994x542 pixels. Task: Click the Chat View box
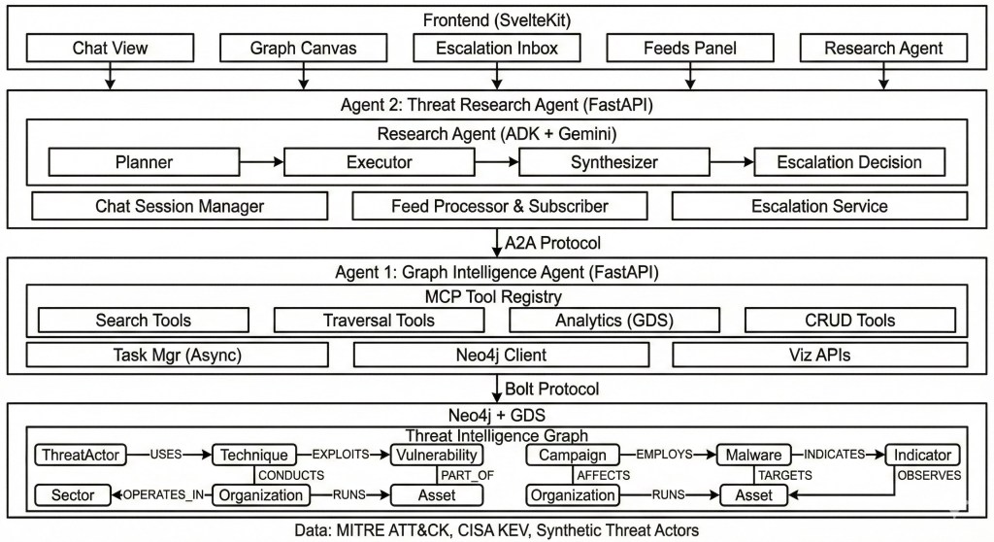[109, 48]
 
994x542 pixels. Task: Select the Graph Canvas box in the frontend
[303, 48]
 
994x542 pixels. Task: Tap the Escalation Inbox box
[497, 48]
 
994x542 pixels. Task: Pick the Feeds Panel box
[690, 48]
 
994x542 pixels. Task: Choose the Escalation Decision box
[848, 162]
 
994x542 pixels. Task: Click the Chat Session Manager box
[179, 206]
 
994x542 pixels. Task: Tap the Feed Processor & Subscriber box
[499, 206]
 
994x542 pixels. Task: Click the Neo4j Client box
[499, 355]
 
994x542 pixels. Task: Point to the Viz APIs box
[819, 355]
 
